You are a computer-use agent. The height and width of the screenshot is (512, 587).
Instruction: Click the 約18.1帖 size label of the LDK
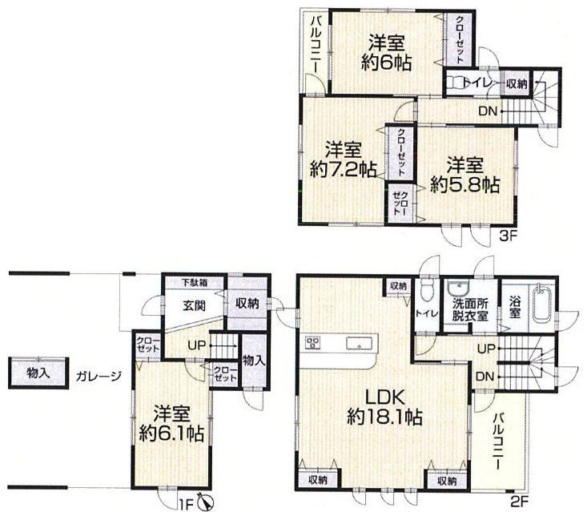click(x=385, y=417)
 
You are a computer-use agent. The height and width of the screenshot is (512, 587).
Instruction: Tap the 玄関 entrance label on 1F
click(x=195, y=305)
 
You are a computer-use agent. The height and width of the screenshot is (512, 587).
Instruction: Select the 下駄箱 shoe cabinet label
click(x=195, y=282)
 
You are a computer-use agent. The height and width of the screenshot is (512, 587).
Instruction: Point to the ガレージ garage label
click(x=99, y=376)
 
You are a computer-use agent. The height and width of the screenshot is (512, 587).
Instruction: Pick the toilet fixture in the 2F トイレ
click(x=427, y=290)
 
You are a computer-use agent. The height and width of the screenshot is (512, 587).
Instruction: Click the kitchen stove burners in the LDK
click(x=312, y=342)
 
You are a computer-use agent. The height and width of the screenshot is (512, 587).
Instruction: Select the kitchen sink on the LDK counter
click(x=359, y=343)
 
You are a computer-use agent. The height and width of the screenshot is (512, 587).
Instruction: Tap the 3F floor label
click(x=509, y=236)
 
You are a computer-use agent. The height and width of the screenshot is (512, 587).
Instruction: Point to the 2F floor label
click(x=519, y=500)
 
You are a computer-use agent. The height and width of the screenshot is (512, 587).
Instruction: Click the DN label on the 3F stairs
click(x=488, y=111)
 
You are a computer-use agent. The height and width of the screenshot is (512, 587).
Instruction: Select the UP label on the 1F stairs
click(x=196, y=345)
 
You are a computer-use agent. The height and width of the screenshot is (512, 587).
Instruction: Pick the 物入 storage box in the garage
click(x=38, y=373)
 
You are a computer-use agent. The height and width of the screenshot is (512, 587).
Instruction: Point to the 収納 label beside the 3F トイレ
click(x=517, y=84)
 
